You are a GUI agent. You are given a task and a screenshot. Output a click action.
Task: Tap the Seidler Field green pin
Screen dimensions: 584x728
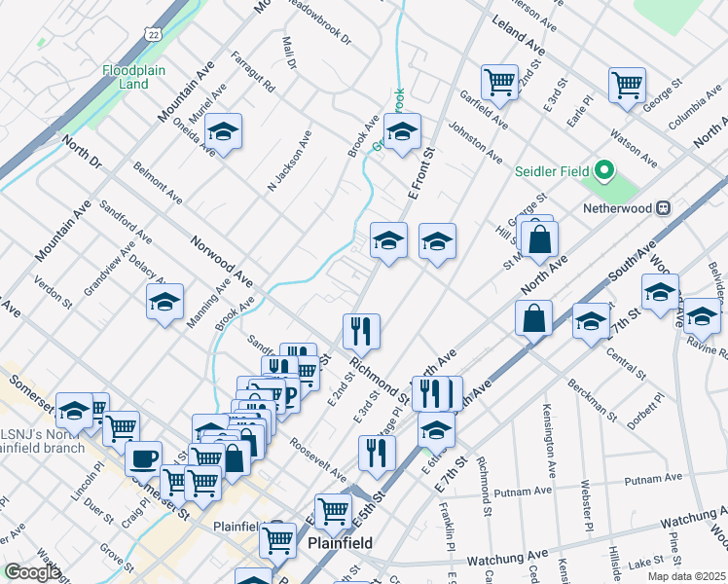(603, 172)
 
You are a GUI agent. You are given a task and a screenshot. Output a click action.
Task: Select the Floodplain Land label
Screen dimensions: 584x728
(127, 77)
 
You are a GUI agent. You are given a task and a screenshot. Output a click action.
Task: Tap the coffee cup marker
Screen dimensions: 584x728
(144, 456)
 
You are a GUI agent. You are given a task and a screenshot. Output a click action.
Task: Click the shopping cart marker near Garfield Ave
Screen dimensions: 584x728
(499, 82)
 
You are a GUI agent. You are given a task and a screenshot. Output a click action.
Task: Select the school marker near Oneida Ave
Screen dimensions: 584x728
(223, 133)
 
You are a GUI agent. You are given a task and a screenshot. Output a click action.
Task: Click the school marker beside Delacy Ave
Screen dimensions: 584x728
(164, 303)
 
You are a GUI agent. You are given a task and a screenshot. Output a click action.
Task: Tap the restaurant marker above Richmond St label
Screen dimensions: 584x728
(360, 330)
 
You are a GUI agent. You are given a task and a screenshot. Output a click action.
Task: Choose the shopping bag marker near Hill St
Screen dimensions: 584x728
(538, 237)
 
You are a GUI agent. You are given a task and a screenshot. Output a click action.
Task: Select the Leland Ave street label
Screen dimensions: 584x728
(519, 34)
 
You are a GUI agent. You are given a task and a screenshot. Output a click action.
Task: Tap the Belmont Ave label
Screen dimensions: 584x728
(158, 183)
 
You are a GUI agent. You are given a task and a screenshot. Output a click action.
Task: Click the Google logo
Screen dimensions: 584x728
(32, 572)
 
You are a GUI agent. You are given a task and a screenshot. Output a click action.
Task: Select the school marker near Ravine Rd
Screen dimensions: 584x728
(702, 314)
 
